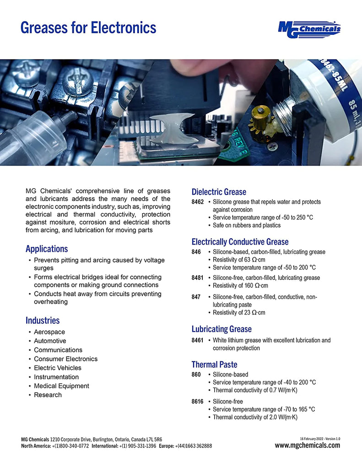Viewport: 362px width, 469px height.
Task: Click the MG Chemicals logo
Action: click(x=309, y=29)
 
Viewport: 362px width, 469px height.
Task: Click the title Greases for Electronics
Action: click(x=88, y=27)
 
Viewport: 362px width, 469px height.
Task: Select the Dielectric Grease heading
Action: click(x=219, y=192)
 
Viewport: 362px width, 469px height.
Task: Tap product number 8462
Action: click(x=198, y=202)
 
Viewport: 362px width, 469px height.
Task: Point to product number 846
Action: click(x=196, y=252)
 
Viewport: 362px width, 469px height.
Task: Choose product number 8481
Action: click(x=198, y=278)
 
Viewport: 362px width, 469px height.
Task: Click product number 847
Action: click(x=196, y=297)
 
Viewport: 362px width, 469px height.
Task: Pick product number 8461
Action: click(x=198, y=340)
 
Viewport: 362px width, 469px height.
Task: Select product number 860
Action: click(x=196, y=375)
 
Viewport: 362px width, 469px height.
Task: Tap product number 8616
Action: click(x=198, y=402)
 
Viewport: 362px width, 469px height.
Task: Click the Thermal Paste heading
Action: click(x=214, y=365)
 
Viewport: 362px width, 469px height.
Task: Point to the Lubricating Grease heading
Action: click(x=222, y=329)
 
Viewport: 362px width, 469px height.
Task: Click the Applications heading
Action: click(x=47, y=249)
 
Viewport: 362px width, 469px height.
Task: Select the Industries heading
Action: click(x=43, y=320)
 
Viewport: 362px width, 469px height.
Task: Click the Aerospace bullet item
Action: click(x=49, y=332)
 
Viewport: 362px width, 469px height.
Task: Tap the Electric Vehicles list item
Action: click(x=58, y=368)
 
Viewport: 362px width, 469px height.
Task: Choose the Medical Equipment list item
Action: click(x=61, y=386)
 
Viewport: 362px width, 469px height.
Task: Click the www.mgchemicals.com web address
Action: click(x=307, y=445)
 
